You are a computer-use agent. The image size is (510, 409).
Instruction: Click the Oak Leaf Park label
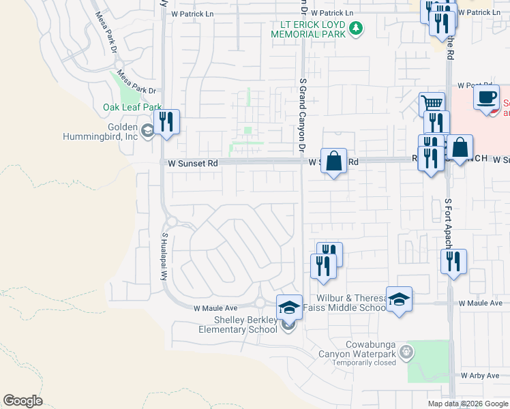(132, 107)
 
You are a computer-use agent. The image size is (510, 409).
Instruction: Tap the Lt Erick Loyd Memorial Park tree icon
(355, 28)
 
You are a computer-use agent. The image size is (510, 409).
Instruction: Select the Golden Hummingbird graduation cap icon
(147, 130)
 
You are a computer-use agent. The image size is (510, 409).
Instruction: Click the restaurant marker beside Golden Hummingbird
(166, 122)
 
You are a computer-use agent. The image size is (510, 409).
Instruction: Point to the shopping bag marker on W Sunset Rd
(333, 162)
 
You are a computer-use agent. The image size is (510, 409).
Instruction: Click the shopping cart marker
(432, 104)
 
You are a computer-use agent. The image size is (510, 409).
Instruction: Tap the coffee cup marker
(486, 97)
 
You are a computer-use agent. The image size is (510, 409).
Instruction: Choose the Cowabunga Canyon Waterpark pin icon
(406, 352)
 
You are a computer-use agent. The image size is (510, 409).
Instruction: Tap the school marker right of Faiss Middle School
(399, 299)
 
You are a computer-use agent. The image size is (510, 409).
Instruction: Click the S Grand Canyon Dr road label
(301, 115)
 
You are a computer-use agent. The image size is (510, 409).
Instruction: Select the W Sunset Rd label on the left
(194, 163)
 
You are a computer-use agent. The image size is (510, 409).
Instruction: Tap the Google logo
(22, 401)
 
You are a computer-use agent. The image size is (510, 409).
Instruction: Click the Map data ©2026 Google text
(468, 404)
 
